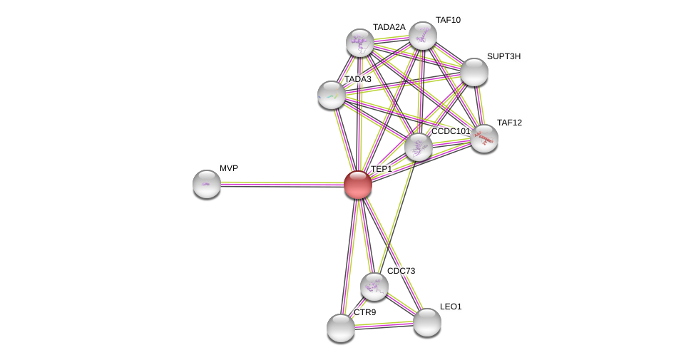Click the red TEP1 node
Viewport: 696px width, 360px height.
358,185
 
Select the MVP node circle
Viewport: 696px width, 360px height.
207,184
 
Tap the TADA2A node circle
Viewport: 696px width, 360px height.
360,43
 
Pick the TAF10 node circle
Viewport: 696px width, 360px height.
423,36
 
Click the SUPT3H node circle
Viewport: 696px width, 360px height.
474,72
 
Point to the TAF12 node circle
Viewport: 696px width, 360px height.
484,138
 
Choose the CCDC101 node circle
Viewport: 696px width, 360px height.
419,147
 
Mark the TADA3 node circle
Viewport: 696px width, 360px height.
332,95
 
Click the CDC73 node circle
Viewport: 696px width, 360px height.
374,287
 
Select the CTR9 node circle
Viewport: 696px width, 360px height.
341,328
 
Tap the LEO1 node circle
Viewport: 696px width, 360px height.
427,322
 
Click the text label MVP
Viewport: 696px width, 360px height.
229,168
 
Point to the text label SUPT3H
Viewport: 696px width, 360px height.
503,56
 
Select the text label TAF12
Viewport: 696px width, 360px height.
509,123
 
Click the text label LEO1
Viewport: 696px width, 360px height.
451,307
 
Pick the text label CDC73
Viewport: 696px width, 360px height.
401,271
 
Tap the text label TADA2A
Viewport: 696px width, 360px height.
389,27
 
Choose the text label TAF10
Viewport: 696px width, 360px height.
448,20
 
